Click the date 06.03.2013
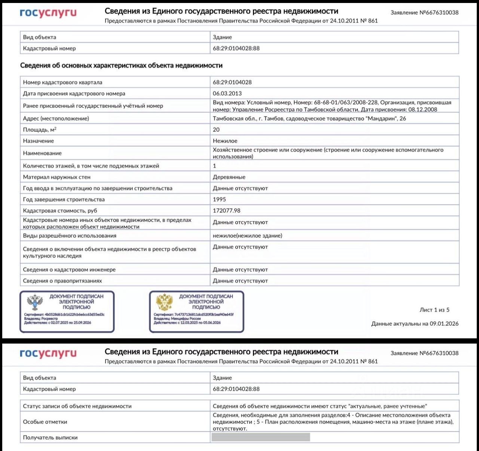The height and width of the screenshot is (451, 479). (227, 94)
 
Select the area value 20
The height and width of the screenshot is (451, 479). (216, 129)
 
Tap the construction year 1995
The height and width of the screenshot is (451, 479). (219, 199)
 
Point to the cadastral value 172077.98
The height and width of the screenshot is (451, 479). (226, 211)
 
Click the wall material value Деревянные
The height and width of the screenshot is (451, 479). (229, 177)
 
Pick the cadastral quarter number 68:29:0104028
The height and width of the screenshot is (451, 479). (232, 82)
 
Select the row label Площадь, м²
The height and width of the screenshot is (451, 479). (40, 129)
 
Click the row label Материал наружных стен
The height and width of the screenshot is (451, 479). (57, 177)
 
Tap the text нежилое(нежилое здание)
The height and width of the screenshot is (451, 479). (247, 236)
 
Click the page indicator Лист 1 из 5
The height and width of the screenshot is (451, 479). (434, 310)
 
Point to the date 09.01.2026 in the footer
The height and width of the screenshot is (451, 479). (444, 324)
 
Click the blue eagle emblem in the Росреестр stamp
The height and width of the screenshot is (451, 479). (35, 302)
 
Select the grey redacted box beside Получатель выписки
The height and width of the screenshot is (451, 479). (260, 437)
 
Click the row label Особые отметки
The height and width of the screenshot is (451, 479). (45, 422)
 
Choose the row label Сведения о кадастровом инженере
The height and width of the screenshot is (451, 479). (69, 270)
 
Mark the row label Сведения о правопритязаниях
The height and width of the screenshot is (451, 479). (62, 281)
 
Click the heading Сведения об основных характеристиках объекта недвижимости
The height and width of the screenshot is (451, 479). (121, 65)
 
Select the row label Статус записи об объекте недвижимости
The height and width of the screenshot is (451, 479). (77, 406)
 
